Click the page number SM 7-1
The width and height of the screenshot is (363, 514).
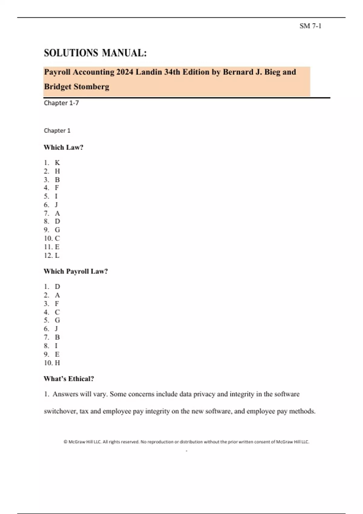coord(310,26)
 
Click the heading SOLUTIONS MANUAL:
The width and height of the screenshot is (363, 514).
coord(95,53)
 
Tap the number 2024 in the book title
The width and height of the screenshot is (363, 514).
coord(125,72)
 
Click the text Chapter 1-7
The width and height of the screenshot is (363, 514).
coord(61,103)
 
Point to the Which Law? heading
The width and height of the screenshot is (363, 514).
coord(64,147)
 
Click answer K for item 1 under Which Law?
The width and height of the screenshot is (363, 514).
coord(57,163)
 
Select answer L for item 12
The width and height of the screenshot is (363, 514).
coord(57,255)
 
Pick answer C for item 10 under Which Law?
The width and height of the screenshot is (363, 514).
coord(57,238)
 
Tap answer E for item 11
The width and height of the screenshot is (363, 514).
coord(57,247)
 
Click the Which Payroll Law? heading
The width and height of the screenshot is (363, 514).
coord(76,271)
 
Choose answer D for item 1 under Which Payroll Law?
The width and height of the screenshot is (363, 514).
coord(57,286)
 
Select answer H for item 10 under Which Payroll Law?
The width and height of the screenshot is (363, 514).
coord(57,363)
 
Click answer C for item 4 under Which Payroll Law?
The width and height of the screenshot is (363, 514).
coord(57,312)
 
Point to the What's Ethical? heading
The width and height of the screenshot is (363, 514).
coord(69,379)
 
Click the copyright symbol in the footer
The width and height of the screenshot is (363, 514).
coord(65,442)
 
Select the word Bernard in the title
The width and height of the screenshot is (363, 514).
coord(237,72)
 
